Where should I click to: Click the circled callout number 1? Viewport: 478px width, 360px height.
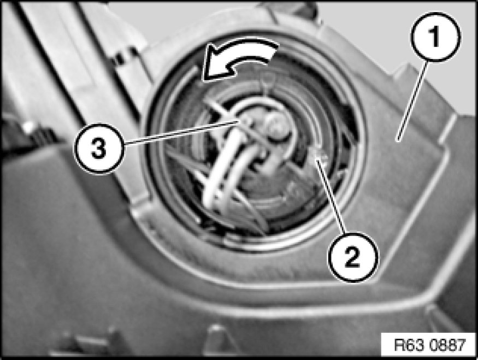pyautogui.click(x=435, y=37)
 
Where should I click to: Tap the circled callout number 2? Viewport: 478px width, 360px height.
pyautogui.click(x=353, y=257)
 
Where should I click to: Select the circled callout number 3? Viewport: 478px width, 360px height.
pyautogui.click(x=99, y=149)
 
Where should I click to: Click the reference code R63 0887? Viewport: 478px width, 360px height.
pyautogui.click(x=430, y=345)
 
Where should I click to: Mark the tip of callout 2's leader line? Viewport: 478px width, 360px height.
pyautogui.click(x=316, y=158)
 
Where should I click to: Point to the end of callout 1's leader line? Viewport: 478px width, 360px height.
pyautogui.click(x=398, y=140)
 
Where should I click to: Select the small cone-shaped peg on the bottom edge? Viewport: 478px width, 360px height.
pyautogui.click(x=217, y=338)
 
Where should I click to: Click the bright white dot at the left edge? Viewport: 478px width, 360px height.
pyautogui.click(x=28, y=127)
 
